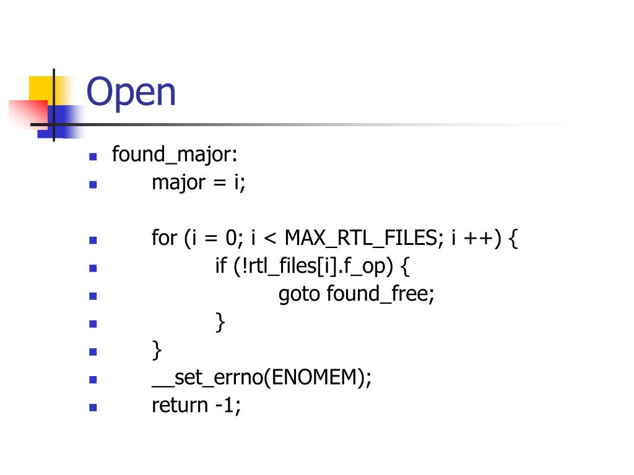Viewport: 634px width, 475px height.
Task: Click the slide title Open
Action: coord(131,93)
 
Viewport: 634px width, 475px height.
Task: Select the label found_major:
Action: coord(174,155)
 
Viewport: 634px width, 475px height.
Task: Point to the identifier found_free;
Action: coord(381,294)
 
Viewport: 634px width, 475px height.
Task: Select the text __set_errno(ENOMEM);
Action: coord(262,378)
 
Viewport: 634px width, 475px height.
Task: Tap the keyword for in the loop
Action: coord(164,239)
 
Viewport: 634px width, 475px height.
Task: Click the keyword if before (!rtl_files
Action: coord(221,267)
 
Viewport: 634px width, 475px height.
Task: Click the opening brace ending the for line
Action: coord(513,239)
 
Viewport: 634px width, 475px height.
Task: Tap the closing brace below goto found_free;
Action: coord(220,322)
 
